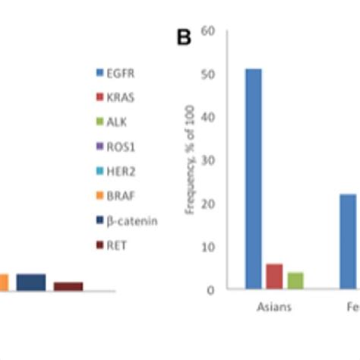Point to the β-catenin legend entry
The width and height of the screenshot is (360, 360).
point(125,219)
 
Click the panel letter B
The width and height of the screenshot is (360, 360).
point(184,38)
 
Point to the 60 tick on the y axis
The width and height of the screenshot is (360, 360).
point(209,31)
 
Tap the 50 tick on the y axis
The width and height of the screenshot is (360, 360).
point(209,74)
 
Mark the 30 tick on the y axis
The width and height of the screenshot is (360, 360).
point(209,160)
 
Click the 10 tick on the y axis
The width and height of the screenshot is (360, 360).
point(209,247)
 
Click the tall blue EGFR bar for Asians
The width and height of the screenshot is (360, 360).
point(254,178)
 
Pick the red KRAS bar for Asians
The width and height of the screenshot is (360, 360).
point(274,276)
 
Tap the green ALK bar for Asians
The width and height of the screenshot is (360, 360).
point(295,280)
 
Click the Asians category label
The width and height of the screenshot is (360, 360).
point(274,308)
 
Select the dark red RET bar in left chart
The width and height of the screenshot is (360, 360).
point(68,286)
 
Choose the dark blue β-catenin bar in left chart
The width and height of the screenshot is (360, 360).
point(31,282)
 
